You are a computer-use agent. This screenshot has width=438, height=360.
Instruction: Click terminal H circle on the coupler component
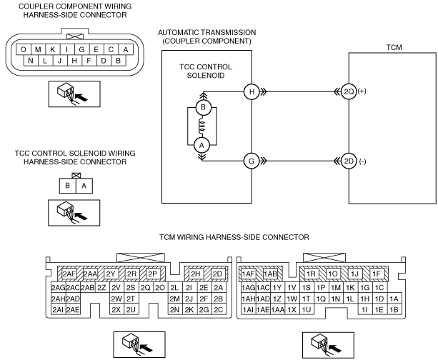[252, 91]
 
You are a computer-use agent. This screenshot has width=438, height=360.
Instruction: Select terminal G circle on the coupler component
[252, 161]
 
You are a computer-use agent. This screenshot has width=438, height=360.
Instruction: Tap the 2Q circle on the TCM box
[349, 91]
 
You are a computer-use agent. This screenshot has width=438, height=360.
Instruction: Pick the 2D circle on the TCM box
[349, 161]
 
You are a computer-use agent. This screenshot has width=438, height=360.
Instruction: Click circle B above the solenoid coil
[203, 107]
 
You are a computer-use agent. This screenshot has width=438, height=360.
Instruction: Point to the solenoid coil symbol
[201, 126]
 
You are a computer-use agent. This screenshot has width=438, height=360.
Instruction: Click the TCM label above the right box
[394, 47]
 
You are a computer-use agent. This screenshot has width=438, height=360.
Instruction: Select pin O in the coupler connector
[24, 50]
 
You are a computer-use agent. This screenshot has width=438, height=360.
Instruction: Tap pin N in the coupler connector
[31, 61]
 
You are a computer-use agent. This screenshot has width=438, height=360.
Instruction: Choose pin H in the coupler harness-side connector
[74, 61]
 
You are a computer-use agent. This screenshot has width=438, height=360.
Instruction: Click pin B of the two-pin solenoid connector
[67, 186]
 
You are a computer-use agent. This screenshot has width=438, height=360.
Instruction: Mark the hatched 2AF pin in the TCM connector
[69, 274]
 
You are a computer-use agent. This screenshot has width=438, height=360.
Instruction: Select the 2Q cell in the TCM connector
[145, 288]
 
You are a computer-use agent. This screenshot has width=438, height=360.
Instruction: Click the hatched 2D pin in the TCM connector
[217, 274]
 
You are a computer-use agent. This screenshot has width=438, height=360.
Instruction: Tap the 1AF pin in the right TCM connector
[249, 274]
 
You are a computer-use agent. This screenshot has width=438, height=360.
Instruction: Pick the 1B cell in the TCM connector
[394, 310]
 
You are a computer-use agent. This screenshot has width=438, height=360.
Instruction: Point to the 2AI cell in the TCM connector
[58, 310]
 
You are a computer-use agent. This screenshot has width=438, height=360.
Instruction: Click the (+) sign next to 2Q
[362, 91]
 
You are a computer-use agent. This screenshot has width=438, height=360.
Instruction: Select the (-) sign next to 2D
[362, 161]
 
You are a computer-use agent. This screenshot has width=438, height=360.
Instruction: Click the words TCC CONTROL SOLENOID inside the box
[206, 71]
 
